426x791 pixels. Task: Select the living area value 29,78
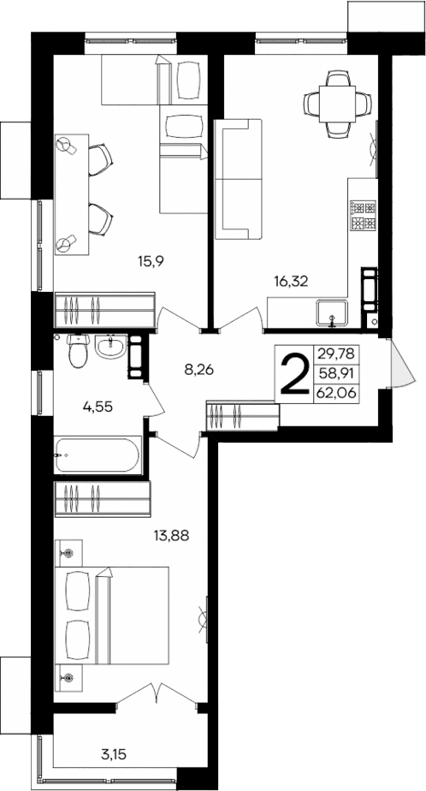[x=336, y=353]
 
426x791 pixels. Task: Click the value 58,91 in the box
[x=336, y=372]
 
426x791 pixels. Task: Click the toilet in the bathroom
[x=78, y=349]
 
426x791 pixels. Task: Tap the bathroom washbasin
[x=110, y=348]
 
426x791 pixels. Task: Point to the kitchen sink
[x=331, y=313]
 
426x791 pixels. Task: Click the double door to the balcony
[x=157, y=694]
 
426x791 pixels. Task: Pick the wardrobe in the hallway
[x=243, y=416]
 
